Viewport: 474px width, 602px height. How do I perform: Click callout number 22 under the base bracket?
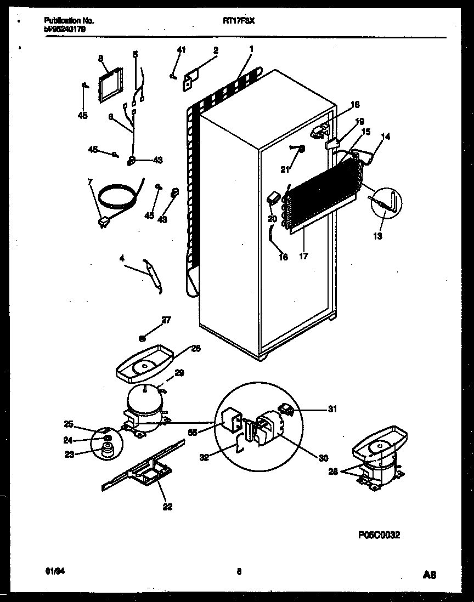tap(167, 507)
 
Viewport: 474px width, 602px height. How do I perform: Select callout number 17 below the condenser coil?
tap(304, 255)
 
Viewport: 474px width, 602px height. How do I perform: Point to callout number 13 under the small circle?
tap(378, 236)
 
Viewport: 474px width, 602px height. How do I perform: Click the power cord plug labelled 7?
tap(102, 222)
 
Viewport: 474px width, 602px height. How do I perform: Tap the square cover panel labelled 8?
tap(109, 84)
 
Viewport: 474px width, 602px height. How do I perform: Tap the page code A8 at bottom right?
tap(430, 575)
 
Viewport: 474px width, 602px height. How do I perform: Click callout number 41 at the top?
tap(182, 50)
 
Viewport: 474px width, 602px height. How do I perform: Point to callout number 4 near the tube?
tap(121, 257)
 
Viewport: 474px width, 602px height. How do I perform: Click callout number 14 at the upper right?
tap(386, 137)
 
